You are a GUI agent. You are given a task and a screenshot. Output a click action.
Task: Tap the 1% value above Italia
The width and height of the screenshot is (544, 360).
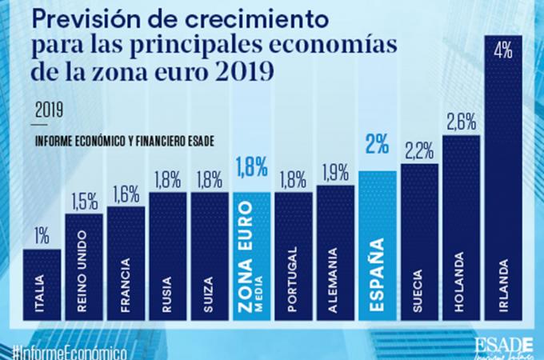[x=42, y=235]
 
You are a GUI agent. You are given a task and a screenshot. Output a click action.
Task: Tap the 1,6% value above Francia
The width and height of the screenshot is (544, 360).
[x=126, y=193]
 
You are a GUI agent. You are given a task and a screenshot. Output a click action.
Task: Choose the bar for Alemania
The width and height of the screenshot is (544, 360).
[x=335, y=256]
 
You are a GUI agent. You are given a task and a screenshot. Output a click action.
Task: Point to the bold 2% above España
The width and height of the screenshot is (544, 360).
[x=378, y=145]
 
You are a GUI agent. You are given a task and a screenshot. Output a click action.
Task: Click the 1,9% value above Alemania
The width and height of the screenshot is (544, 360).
[x=336, y=171]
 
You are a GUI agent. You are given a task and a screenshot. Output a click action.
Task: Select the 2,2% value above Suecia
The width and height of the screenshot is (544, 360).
[x=420, y=150]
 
